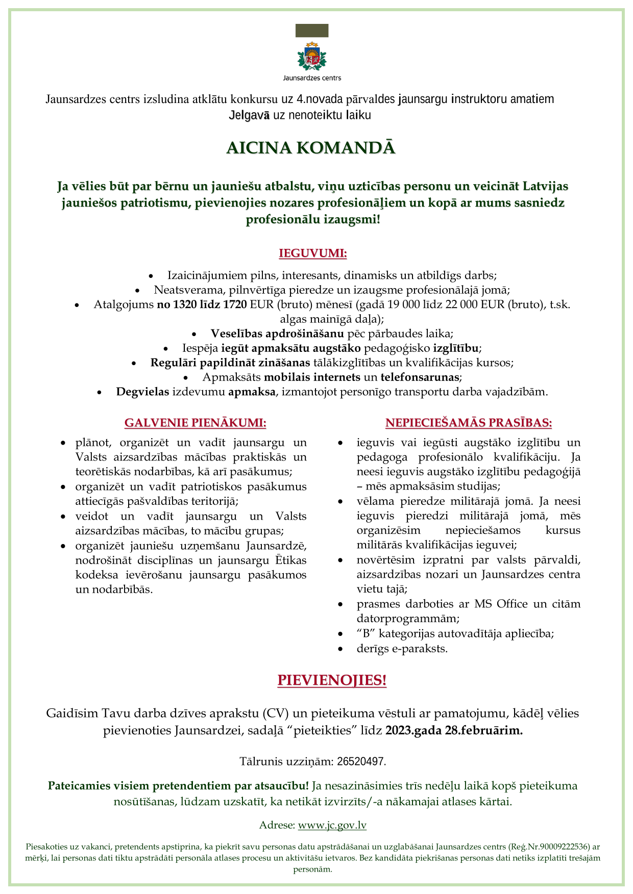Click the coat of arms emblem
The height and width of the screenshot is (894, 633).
(312, 56)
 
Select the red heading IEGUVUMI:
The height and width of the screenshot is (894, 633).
(312, 253)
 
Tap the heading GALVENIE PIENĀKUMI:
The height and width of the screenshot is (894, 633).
(195, 423)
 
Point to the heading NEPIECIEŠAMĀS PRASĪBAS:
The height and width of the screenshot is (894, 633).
(468, 423)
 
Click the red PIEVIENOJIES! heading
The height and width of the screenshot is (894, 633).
(332, 680)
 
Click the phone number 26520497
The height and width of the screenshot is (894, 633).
(361, 761)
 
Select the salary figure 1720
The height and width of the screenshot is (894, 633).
(235, 304)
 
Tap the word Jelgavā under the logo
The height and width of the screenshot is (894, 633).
(249, 115)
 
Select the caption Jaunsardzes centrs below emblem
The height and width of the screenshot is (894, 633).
(312, 78)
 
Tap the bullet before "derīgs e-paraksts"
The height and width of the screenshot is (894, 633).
(340, 649)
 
